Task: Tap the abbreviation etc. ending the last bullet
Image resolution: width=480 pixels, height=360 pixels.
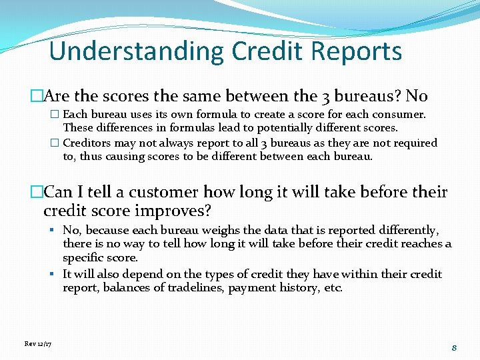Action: tap(331, 288)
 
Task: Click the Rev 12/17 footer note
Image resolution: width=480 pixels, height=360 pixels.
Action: tap(38, 343)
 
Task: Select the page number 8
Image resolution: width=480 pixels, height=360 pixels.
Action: tap(453, 347)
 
